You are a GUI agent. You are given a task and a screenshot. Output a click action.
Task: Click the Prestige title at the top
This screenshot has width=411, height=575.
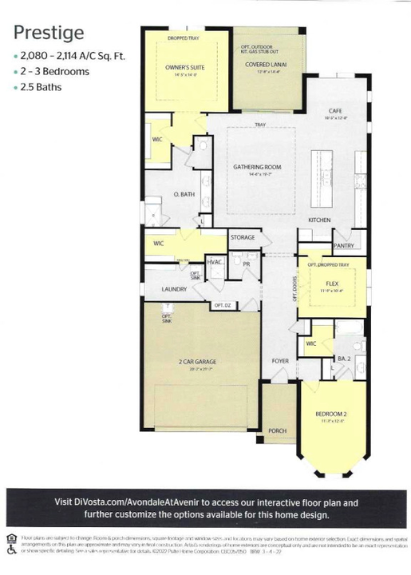49,33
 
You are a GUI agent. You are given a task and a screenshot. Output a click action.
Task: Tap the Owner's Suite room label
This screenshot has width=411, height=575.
185,68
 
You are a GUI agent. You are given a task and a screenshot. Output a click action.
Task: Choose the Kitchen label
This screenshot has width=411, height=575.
319,219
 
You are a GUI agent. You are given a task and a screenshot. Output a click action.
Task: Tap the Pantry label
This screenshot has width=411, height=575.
343,246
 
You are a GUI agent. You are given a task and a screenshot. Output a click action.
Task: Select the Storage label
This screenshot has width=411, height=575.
243,237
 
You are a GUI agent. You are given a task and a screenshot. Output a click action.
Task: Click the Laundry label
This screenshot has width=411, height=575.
174,289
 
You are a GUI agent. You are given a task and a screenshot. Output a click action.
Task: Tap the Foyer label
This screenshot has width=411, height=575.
279,361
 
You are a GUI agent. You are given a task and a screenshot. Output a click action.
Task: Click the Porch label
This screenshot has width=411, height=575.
277,430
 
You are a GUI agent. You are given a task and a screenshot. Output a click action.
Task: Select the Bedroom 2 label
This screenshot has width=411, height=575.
329,414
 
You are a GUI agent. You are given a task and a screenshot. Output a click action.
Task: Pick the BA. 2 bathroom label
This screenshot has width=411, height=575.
344,359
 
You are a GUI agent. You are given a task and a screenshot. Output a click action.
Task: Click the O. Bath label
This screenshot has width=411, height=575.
184,195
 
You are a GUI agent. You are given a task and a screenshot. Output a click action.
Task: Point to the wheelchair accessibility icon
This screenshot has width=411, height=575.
10,550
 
